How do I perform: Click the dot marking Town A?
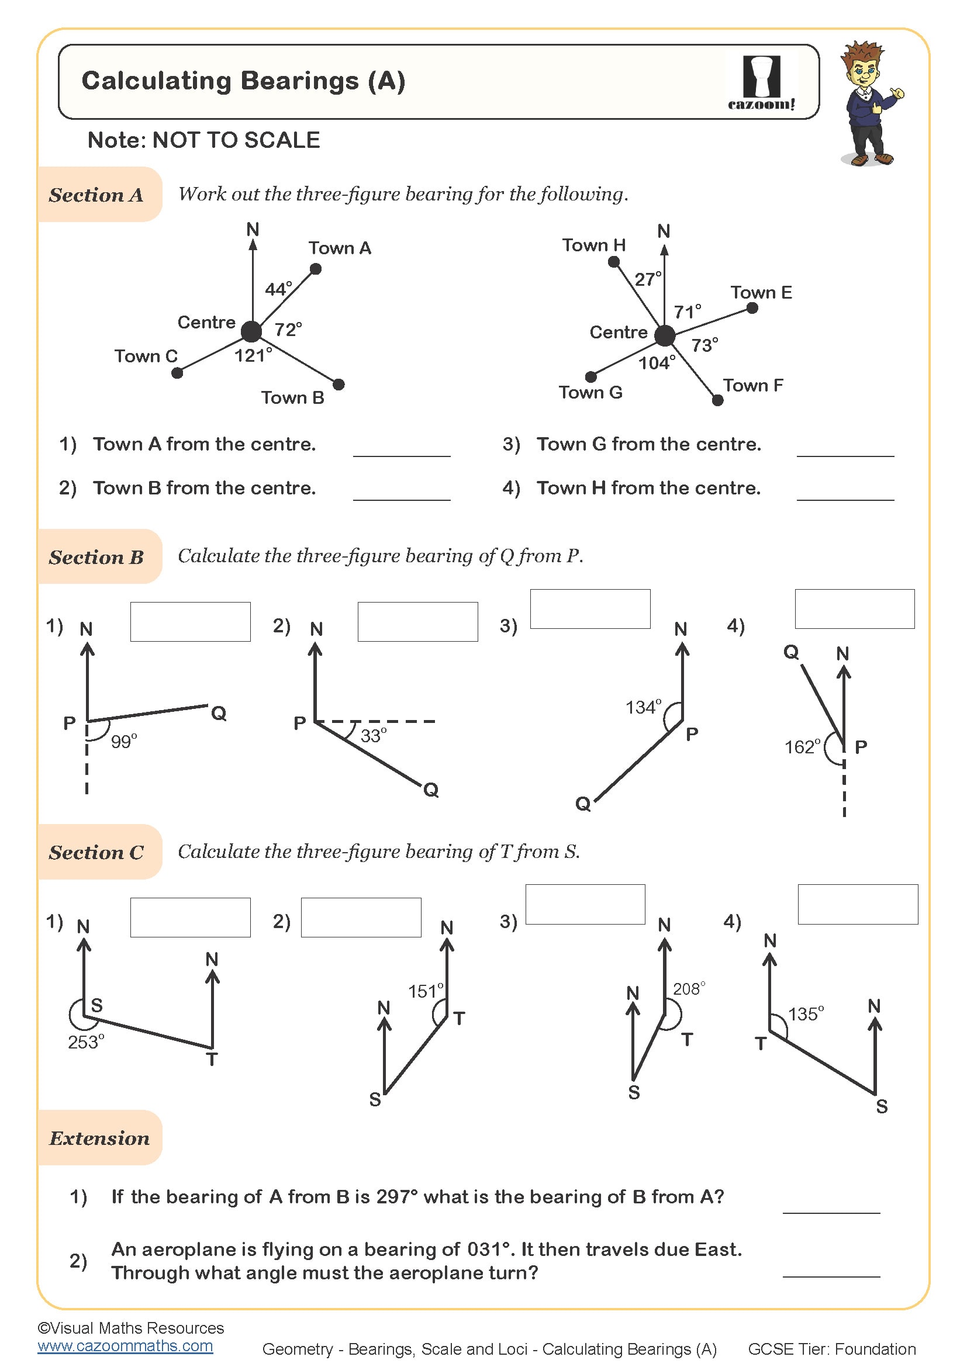(x=316, y=269)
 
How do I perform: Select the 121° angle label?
(x=253, y=355)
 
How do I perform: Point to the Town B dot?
(x=339, y=385)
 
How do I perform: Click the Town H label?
(x=593, y=245)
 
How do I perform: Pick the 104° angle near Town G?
(x=657, y=362)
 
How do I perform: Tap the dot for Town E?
(x=752, y=308)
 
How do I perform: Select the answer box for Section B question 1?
(x=191, y=622)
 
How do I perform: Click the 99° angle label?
(x=124, y=741)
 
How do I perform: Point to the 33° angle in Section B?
(x=374, y=735)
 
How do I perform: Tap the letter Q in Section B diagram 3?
(x=583, y=804)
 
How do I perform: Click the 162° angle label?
(x=802, y=746)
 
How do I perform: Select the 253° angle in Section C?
(x=86, y=1043)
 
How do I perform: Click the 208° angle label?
(x=689, y=989)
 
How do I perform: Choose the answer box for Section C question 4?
(x=858, y=904)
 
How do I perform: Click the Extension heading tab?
(x=99, y=1138)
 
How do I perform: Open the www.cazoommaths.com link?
(x=125, y=1345)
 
